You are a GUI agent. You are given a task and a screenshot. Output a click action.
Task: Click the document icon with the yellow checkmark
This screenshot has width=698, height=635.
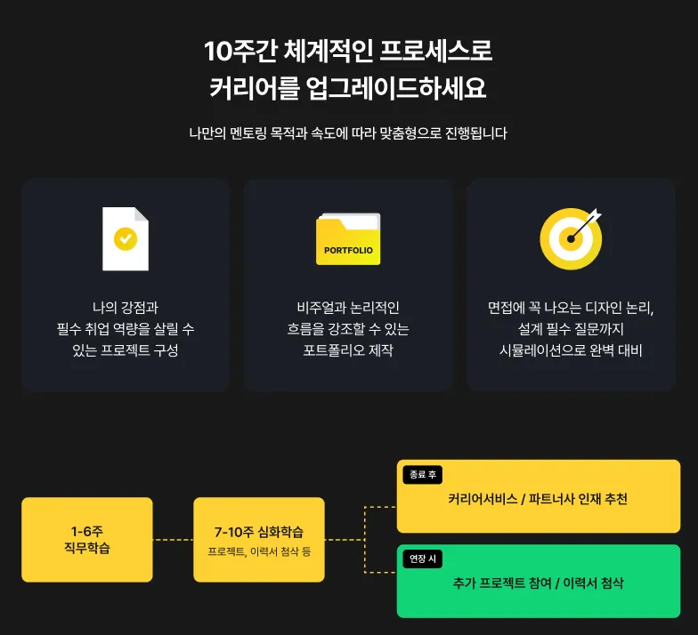coord(126,238)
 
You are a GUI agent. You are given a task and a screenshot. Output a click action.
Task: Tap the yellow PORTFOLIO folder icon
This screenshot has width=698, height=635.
coord(348,238)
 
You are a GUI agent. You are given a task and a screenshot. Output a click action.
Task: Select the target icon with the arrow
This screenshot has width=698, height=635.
coord(571,237)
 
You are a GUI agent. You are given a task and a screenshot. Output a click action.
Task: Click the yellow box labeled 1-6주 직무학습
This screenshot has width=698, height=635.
coord(87,539)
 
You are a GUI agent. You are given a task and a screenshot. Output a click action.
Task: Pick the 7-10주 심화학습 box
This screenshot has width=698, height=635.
coord(259,539)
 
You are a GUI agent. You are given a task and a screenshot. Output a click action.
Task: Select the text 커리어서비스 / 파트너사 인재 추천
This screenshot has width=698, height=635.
coord(538,499)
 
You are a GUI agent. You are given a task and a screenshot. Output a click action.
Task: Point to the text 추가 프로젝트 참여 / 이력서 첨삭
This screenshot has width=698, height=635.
coord(538,583)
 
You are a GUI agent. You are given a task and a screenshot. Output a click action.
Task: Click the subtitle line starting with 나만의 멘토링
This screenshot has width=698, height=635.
coord(348,134)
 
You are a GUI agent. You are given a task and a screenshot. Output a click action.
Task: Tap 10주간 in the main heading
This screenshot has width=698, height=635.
coord(239,52)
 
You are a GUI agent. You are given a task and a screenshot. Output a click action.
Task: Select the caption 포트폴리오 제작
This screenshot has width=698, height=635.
coord(348,350)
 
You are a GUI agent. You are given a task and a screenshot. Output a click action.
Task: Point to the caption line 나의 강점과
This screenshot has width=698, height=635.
coord(126,308)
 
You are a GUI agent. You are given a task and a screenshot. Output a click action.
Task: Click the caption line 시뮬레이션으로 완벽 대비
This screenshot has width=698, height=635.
coord(571,350)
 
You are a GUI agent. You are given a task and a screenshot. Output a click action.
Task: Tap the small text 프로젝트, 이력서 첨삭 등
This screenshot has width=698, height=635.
coord(259,552)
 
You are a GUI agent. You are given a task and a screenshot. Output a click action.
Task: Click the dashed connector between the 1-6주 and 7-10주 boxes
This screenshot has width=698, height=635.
coord(173,539)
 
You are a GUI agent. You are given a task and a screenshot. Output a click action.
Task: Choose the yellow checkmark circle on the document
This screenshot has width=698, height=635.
coord(126,238)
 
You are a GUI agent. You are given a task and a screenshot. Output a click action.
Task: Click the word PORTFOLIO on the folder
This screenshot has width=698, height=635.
coord(348,250)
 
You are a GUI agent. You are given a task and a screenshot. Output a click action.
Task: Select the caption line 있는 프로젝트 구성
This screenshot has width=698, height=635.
coord(126,350)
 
